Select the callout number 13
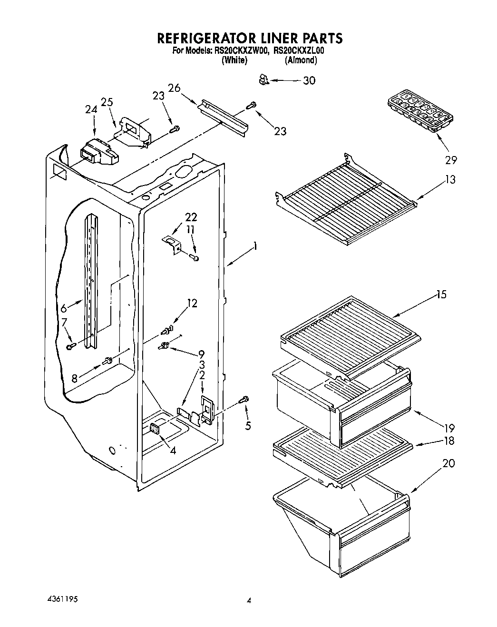click(x=450, y=179)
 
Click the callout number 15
click(x=441, y=294)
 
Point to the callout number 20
click(x=448, y=462)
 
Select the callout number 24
click(x=91, y=109)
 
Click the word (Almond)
click(x=301, y=60)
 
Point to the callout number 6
click(x=64, y=308)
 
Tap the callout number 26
click(x=174, y=88)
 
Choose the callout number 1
click(x=255, y=246)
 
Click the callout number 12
click(x=192, y=303)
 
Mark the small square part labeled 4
click(x=155, y=429)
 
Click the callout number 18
click(x=448, y=441)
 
